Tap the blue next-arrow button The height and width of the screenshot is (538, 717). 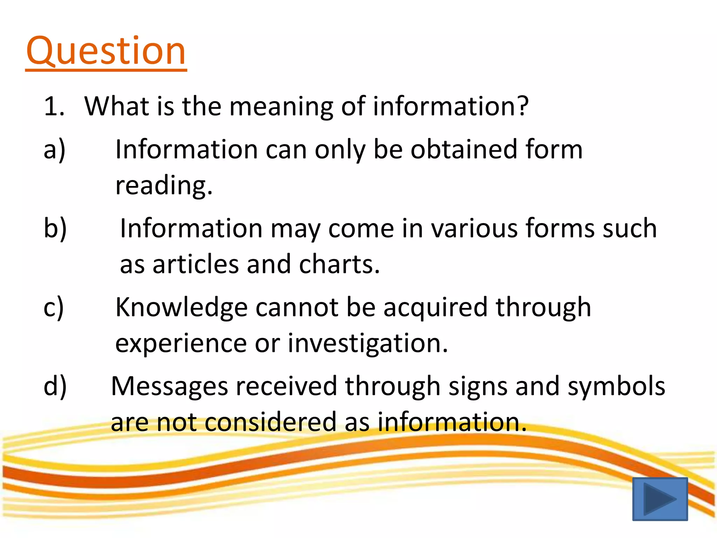[x=660, y=499]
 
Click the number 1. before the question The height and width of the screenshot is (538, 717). [x=54, y=106]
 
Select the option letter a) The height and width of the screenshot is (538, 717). [x=55, y=150]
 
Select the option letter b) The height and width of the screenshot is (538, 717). [x=55, y=228]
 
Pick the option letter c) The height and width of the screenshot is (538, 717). [x=54, y=307]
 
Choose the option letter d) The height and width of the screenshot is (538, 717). [x=55, y=386]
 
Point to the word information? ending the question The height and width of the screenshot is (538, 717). [x=451, y=106]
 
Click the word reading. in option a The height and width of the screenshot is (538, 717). [x=164, y=185]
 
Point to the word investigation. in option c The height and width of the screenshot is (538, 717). [x=368, y=343]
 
